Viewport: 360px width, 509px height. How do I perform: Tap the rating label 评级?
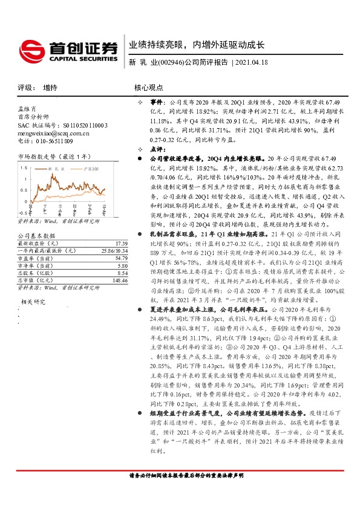click(x=25, y=88)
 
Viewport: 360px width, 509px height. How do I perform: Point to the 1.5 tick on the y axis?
click(x=23, y=166)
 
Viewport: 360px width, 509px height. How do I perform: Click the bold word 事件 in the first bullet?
click(x=155, y=103)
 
